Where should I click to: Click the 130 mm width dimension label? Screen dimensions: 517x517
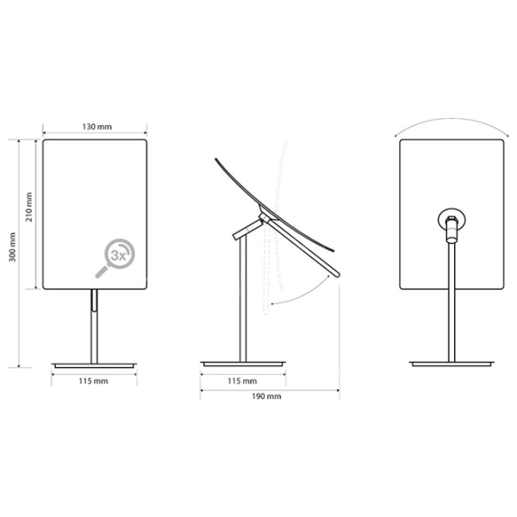pyautogui.click(x=97, y=127)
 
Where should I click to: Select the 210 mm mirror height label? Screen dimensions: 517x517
pyautogui.click(x=29, y=207)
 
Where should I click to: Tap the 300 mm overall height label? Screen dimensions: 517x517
pyautogui.click(x=12, y=247)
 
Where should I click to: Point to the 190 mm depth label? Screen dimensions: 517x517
pyautogui.click(x=266, y=396)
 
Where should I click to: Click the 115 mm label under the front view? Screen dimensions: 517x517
pyautogui.click(x=93, y=381)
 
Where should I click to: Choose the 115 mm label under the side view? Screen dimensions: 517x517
pyautogui.click(x=242, y=381)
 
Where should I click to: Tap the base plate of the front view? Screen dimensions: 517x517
pyautogui.click(x=94, y=365)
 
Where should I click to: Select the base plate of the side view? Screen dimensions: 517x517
pyautogui.click(x=243, y=364)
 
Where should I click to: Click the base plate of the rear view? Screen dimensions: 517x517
pyautogui.click(x=452, y=364)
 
